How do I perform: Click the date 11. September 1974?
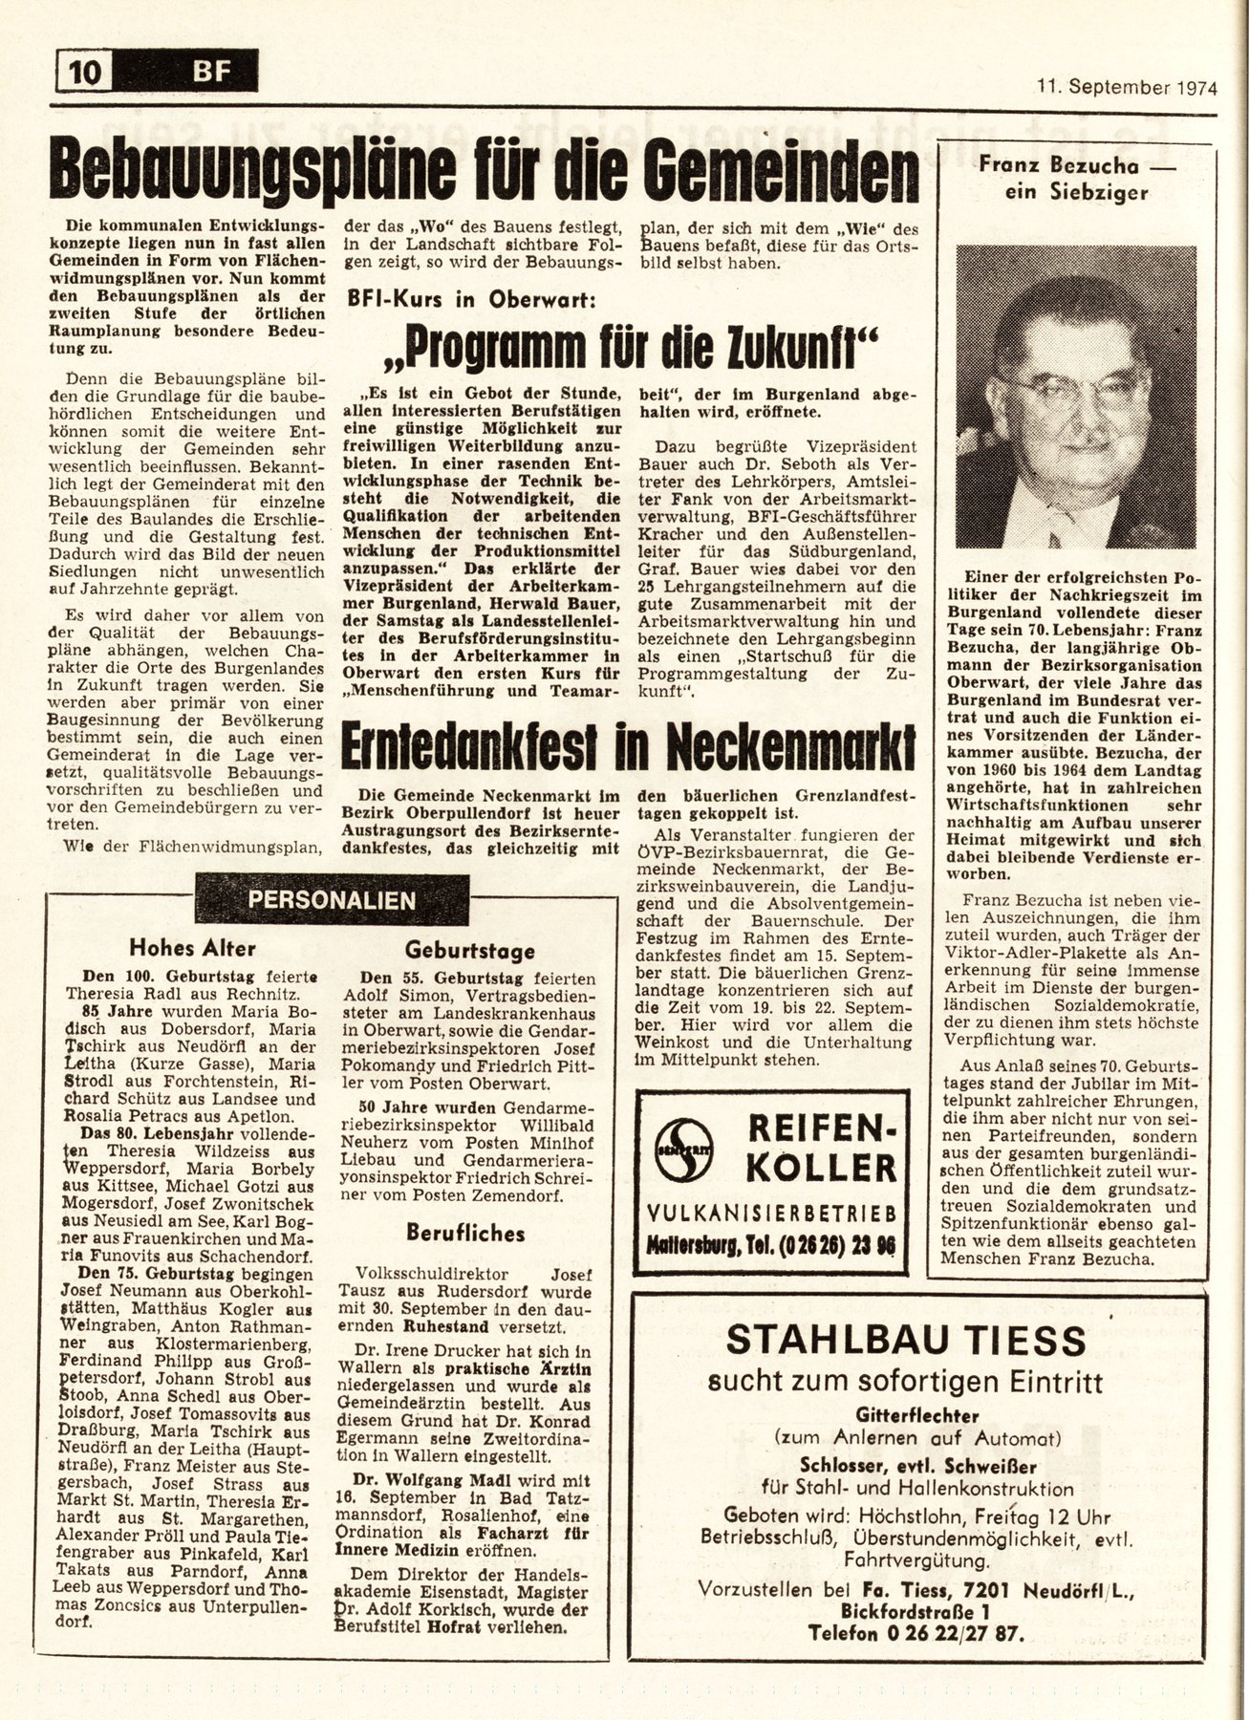tap(1127, 88)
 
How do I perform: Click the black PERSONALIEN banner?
tap(331, 899)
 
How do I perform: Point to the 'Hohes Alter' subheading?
tap(192, 948)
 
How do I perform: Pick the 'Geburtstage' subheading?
tap(469, 951)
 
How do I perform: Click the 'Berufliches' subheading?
tap(464, 1233)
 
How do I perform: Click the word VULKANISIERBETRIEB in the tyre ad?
tap(772, 1213)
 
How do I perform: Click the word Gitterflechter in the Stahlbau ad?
tap(905, 1415)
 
